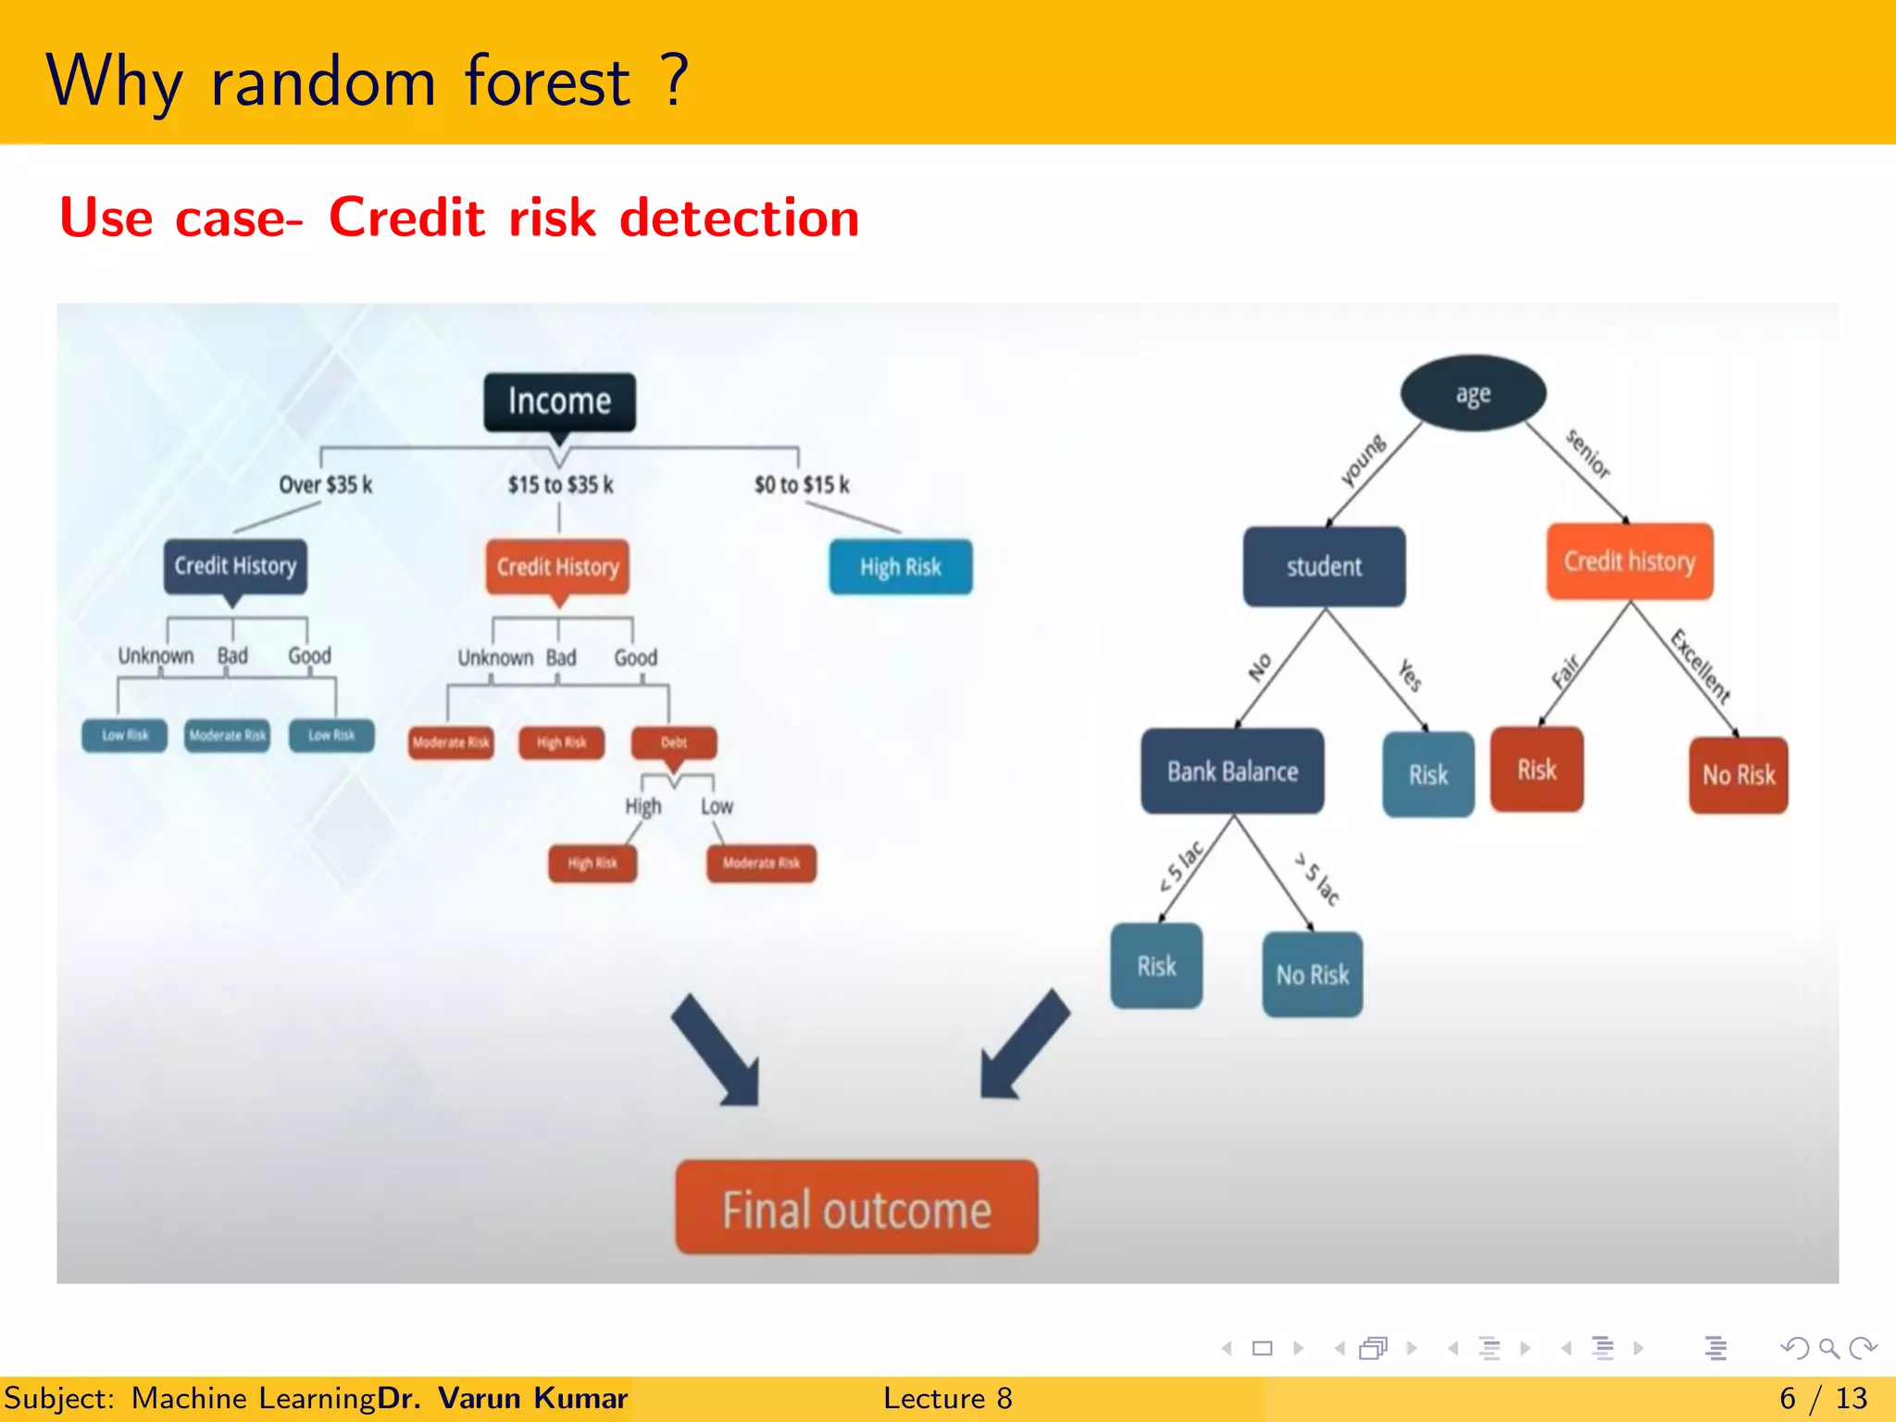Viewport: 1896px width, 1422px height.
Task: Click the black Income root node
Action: tap(559, 402)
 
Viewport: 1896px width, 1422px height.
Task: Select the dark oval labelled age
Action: tap(1472, 393)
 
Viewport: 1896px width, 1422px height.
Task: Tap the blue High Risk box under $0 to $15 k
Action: tap(900, 567)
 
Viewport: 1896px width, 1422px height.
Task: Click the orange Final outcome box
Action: tap(856, 1208)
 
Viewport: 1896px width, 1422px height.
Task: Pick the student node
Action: tap(1324, 567)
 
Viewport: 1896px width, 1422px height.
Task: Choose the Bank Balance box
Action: tap(1232, 771)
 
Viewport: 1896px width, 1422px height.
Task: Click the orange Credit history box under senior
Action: tap(1629, 561)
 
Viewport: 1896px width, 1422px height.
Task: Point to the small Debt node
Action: tap(673, 742)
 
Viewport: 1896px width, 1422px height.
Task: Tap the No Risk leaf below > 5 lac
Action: tap(1312, 974)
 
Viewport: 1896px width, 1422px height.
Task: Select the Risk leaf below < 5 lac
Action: tap(1156, 966)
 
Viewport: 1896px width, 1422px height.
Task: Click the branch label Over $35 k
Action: tap(326, 485)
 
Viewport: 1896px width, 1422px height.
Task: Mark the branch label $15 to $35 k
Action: tap(560, 485)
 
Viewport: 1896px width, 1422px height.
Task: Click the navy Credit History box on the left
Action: tap(235, 566)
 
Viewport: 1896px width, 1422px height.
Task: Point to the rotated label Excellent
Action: tap(1701, 665)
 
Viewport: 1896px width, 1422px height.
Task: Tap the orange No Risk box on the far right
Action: tap(1738, 775)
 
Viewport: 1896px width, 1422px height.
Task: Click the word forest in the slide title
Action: tap(547, 81)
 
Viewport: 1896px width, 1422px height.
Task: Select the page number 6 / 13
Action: tap(1823, 1398)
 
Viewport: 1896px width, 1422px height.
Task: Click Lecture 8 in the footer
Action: tap(947, 1398)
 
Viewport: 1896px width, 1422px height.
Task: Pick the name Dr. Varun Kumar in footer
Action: tap(503, 1398)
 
